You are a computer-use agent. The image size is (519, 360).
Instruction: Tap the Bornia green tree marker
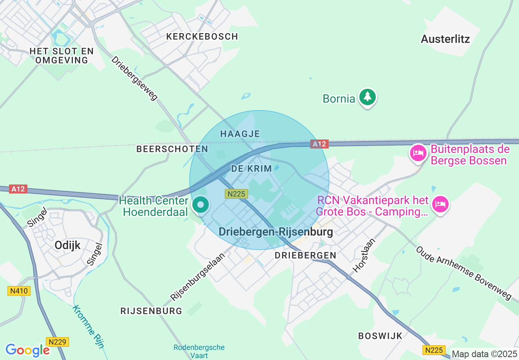(368, 97)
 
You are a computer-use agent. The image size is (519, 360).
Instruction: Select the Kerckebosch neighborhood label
(202, 36)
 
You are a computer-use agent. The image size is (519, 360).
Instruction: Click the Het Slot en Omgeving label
(62, 56)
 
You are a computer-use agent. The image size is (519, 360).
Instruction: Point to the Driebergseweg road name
(134, 78)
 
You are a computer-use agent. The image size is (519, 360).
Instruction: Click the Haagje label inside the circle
(240, 134)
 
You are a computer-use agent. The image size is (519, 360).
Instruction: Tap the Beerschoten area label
(172, 149)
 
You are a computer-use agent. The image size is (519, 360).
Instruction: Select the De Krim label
(251, 169)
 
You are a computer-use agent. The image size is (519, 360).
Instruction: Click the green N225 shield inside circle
(236, 194)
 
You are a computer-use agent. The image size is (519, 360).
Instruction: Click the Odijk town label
(68, 245)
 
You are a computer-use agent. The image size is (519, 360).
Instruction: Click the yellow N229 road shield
(58, 342)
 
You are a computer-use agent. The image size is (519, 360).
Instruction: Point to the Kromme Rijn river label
(88, 326)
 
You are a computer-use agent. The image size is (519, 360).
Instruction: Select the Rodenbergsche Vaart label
(199, 351)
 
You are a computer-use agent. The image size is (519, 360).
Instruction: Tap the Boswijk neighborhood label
(380, 336)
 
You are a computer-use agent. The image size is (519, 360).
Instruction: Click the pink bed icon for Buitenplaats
(417, 153)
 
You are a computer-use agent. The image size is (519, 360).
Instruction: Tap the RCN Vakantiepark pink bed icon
(440, 203)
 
